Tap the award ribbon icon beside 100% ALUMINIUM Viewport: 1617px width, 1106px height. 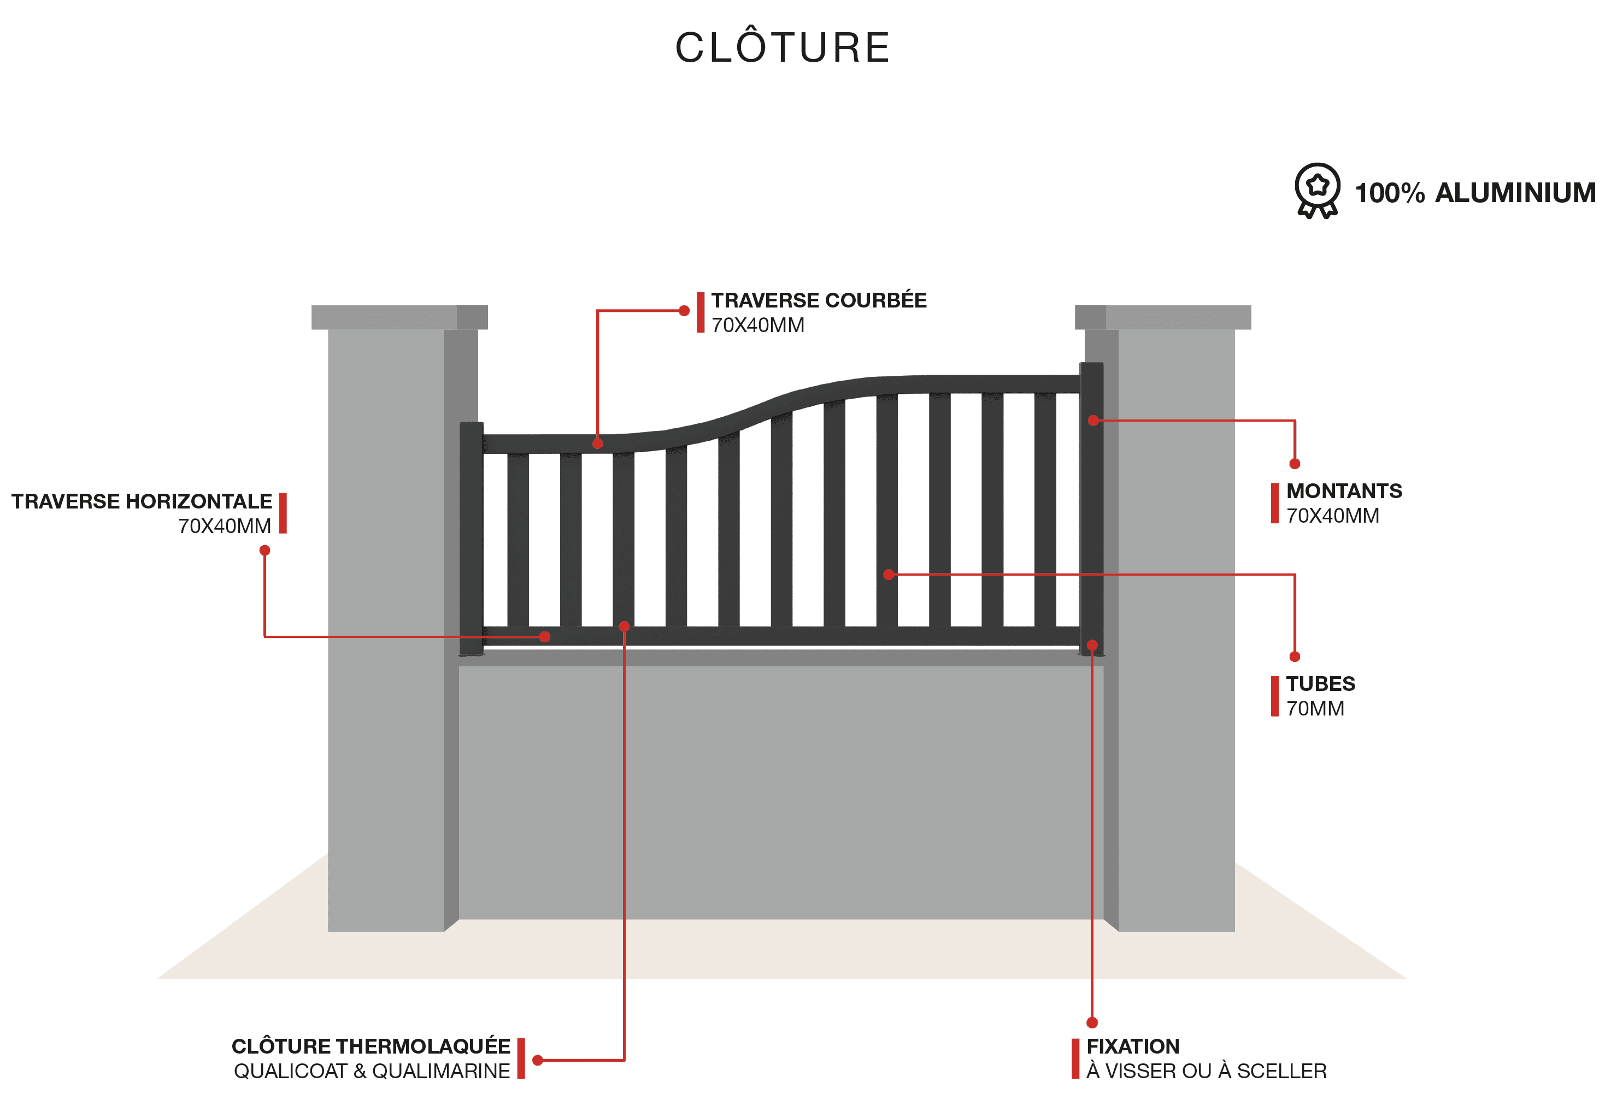[x=1317, y=191]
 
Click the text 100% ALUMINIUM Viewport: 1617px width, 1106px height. [x=1475, y=193]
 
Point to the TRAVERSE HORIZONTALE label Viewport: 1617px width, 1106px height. [x=141, y=501]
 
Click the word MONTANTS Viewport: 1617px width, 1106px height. [x=1344, y=490]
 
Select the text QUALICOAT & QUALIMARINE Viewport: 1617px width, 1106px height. [x=372, y=1070]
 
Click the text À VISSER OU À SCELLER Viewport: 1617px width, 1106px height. [x=1207, y=1070]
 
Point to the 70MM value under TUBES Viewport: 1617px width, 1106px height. [x=1315, y=708]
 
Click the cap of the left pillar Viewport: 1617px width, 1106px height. [x=399, y=317]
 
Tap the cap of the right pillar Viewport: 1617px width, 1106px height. [x=1163, y=317]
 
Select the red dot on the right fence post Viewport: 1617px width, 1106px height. [x=1093, y=420]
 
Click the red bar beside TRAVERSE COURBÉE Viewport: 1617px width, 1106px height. [x=701, y=312]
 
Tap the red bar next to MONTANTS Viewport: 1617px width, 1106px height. [x=1275, y=503]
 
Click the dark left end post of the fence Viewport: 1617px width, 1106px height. [x=471, y=539]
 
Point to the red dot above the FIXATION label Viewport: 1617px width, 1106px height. [x=1092, y=1022]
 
